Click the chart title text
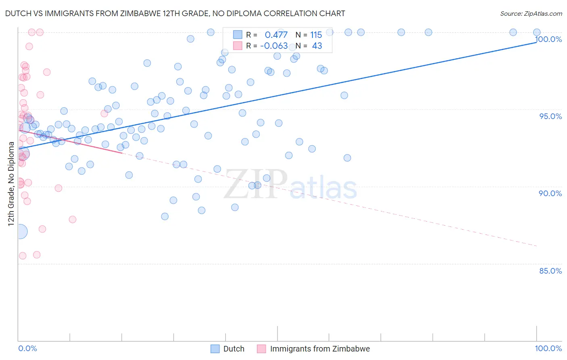click(x=175, y=13)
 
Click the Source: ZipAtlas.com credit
click(x=531, y=13)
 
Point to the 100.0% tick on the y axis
click(x=548, y=39)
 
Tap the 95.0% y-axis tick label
click(x=550, y=116)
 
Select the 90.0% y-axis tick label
click(x=550, y=193)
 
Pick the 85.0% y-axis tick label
click(x=550, y=271)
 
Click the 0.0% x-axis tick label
click(x=27, y=348)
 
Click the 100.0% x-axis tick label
click(x=548, y=348)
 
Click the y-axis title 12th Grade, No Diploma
click(x=11, y=184)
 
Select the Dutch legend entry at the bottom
click(x=233, y=349)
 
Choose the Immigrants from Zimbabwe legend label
click(x=319, y=349)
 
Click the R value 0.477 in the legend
click(x=276, y=35)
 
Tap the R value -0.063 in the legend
click(x=274, y=46)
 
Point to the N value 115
click(x=316, y=35)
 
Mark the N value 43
click(x=317, y=46)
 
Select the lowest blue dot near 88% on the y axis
click(x=165, y=216)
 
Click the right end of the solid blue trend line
click(x=536, y=42)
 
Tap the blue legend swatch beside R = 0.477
click(x=238, y=35)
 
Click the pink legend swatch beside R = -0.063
click(x=238, y=46)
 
